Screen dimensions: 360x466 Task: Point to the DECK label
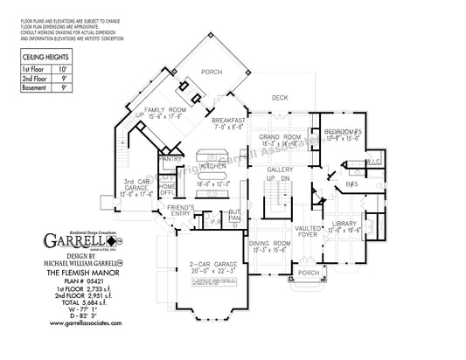coord(280,98)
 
